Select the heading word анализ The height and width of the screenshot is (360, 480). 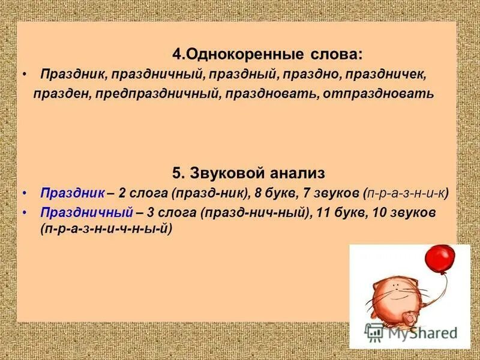click(x=295, y=173)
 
